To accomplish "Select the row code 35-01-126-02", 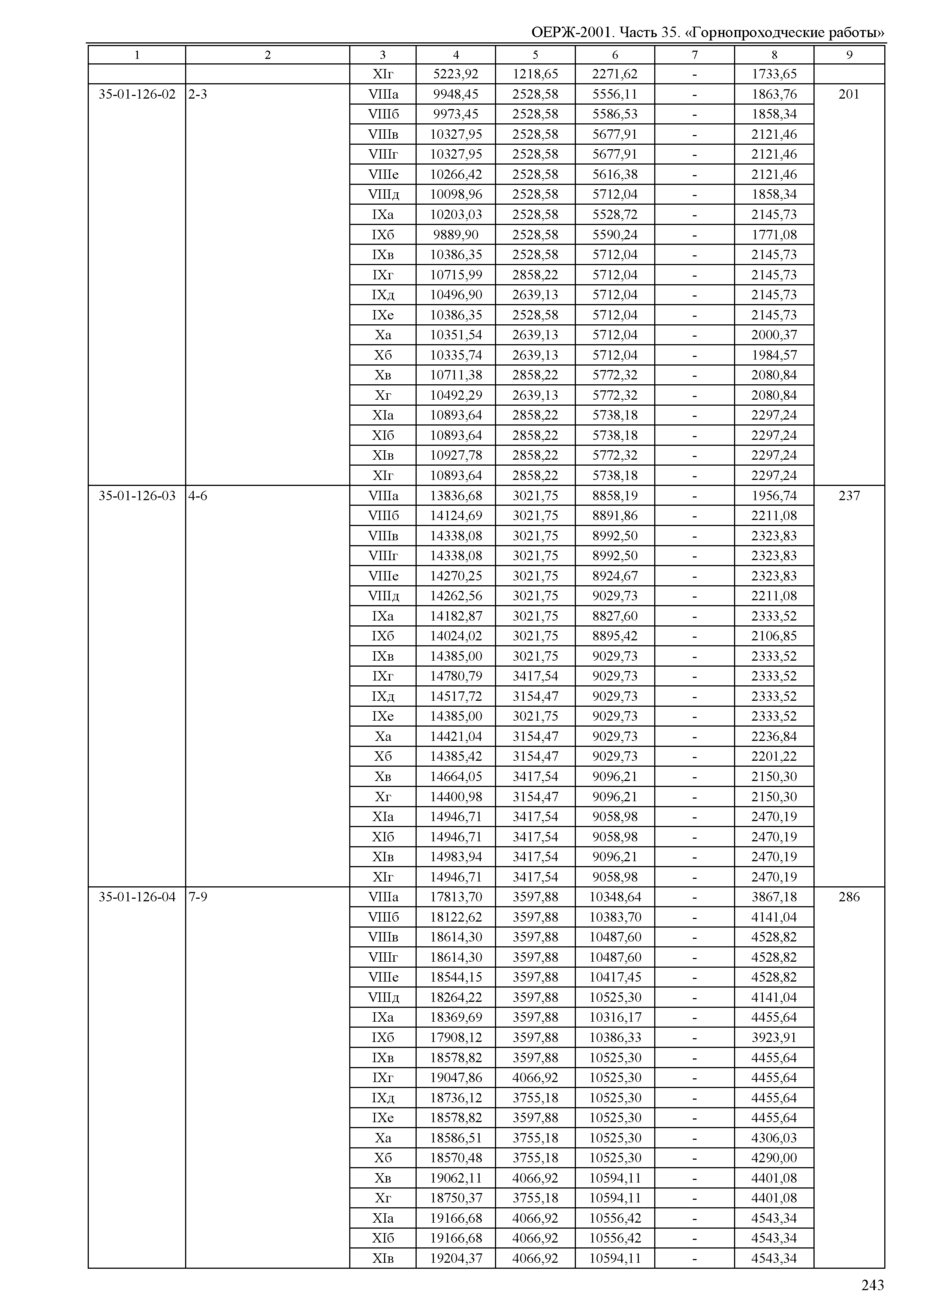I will pyautogui.click(x=137, y=94).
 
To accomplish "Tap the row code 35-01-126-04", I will pyautogui.click(x=137, y=897).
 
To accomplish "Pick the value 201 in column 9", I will pyautogui.click(x=849, y=94).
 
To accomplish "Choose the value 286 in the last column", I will pyautogui.click(x=849, y=897).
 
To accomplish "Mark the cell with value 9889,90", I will pyautogui.click(x=456, y=235).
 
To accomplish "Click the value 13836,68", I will pyautogui.click(x=456, y=496).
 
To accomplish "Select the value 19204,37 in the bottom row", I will pyautogui.click(x=456, y=1258).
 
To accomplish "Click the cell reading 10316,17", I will pyautogui.click(x=615, y=1018).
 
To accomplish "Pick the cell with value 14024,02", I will pyautogui.click(x=456, y=636).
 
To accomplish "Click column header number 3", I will pyautogui.click(x=383, y=55).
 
